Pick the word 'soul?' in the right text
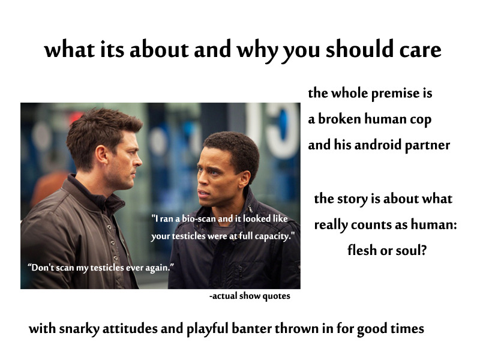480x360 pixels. pyautogui.click(x=411, y=250)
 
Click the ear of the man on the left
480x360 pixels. pyautogui.click(x=102, y=155)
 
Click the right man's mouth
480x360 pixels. pyautogui.click(x=203, y=193)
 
